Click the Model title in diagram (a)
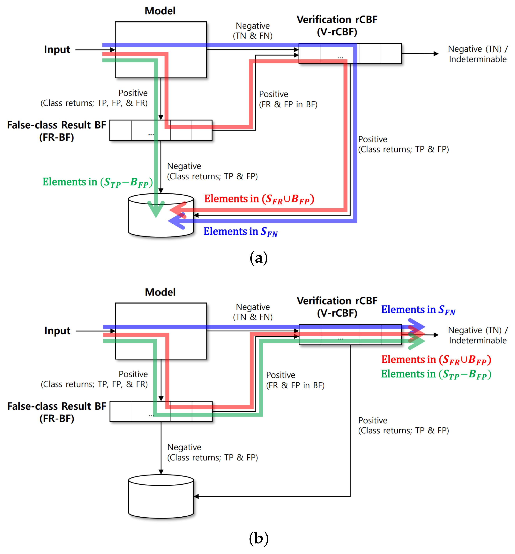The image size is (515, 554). click(160, 11)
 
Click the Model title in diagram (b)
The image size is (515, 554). click(160, 292)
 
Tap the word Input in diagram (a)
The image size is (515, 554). click(57, 50)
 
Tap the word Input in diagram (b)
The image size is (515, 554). click(57, 331)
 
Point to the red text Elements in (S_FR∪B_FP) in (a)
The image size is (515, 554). click(259, 199)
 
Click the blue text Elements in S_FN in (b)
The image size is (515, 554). click(418, 310)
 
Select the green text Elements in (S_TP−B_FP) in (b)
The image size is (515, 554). click(436, 374)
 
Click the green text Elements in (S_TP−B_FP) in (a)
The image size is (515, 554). click(98, 182)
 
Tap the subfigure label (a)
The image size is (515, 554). click(259, 258)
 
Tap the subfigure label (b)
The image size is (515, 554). click(259, 538)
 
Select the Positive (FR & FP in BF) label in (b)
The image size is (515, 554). click(295, 380)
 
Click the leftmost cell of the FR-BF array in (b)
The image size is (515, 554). click(121, 411)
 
